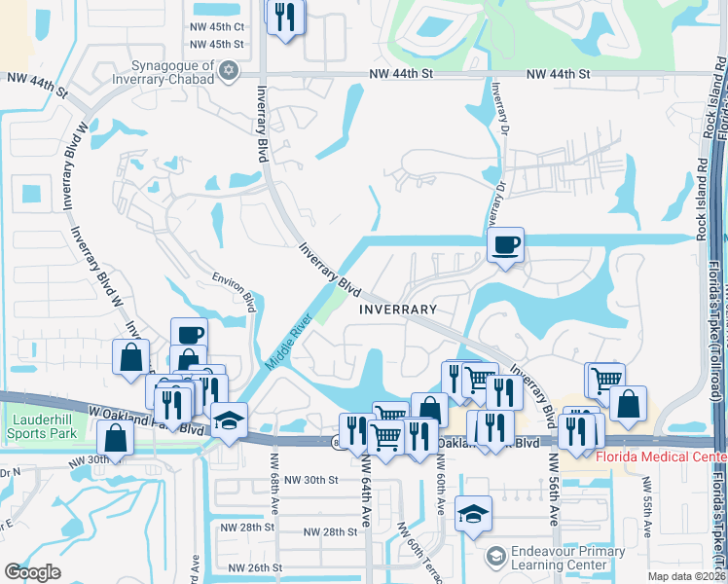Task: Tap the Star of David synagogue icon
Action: [x=228, y=70]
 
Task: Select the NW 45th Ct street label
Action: [x=216, y=27]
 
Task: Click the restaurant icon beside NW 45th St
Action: [x=285, y=17]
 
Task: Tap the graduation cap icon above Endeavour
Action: [x=473, y=512]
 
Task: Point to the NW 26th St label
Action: [x=255, y=567]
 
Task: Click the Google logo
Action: [x=33, y=572]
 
